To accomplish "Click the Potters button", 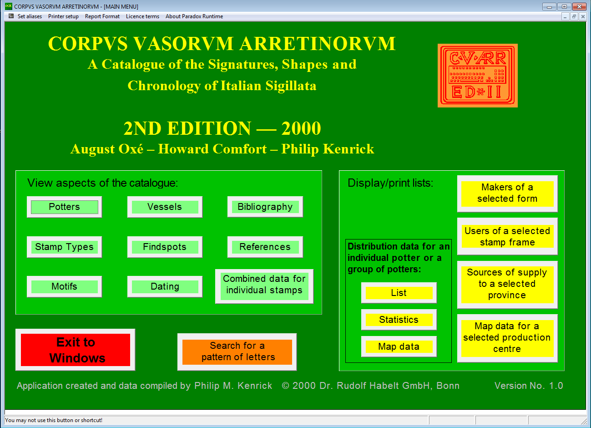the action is [64, 207].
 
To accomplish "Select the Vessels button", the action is [165, 207].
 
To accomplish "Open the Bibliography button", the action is [265, 207].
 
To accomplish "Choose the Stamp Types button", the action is [64, 247].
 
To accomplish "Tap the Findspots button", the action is [165, 247].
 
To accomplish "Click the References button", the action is [265, 247].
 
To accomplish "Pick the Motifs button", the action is [64, 286].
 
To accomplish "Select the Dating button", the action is [165, 286].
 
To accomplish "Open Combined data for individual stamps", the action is [264, 286].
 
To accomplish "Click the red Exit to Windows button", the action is [76, 350].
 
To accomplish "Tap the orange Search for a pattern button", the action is [237, 352].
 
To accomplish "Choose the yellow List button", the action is [399, 293].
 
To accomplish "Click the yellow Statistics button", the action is [399, 320].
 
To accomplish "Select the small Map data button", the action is [399, 346].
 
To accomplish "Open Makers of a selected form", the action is [507, 194].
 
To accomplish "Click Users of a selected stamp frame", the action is [507, 236].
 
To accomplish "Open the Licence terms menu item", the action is [142, 16].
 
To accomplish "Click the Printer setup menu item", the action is [63, 16].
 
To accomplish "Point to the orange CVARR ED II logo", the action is [478, 76].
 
